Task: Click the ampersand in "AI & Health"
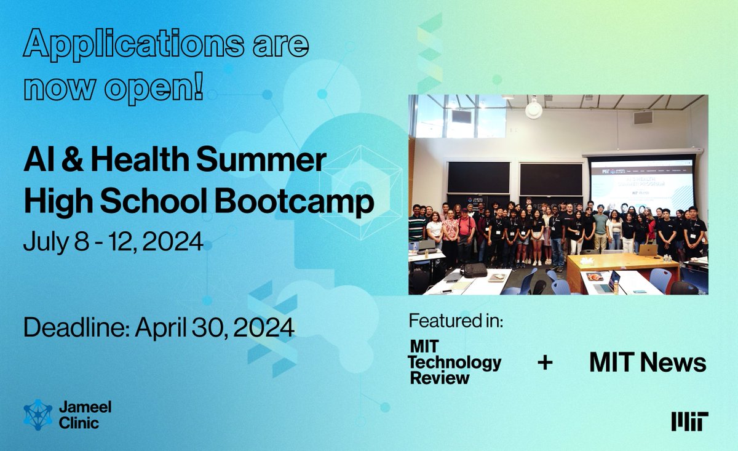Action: pos(69,161)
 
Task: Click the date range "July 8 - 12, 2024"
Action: pos(113,242)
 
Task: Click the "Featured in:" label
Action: pos(456,321)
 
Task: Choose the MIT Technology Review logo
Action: pos(454,362)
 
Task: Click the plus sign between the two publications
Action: pos(545,362)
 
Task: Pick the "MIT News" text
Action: pos(648,362)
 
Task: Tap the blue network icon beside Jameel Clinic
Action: pos(38,415)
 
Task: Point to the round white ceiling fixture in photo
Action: pos(534,109)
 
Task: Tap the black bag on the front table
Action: pos(474,269)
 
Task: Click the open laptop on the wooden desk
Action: pos(647,249)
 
